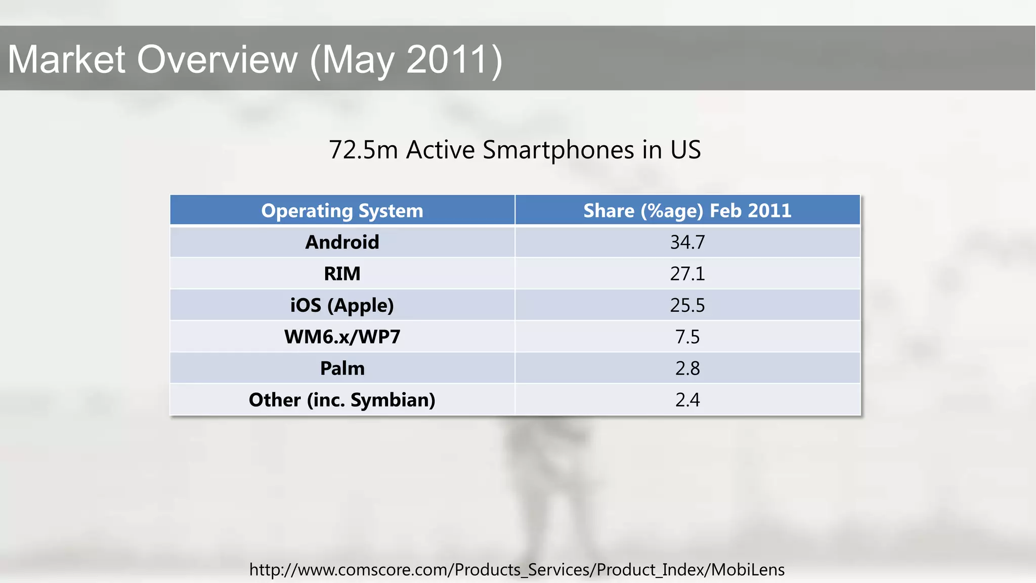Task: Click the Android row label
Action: tap(342, 242)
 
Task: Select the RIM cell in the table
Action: tap(342, 274)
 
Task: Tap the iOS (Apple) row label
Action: tap(342, 306)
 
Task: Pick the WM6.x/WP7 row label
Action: tap(342, 337)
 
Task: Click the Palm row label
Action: tap(342, 368)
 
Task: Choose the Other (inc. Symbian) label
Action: tap(342, 400)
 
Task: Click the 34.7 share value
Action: tap(687, 242)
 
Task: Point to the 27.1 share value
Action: tap(687, 274)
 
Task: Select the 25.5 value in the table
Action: tap(687, 306)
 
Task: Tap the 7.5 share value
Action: tap(687, 337)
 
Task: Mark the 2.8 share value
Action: tap(687, 368)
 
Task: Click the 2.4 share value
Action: tap(687, 400)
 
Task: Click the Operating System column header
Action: tap(342, 211)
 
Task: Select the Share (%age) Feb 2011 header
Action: tap(687, 211)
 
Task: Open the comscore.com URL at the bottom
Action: tap(516, 570)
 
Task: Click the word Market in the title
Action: tap(66, 60)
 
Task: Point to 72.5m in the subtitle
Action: tap(363, 150)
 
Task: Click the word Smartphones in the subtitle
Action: tap(558, 150)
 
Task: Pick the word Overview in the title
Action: tap(218, 60)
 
